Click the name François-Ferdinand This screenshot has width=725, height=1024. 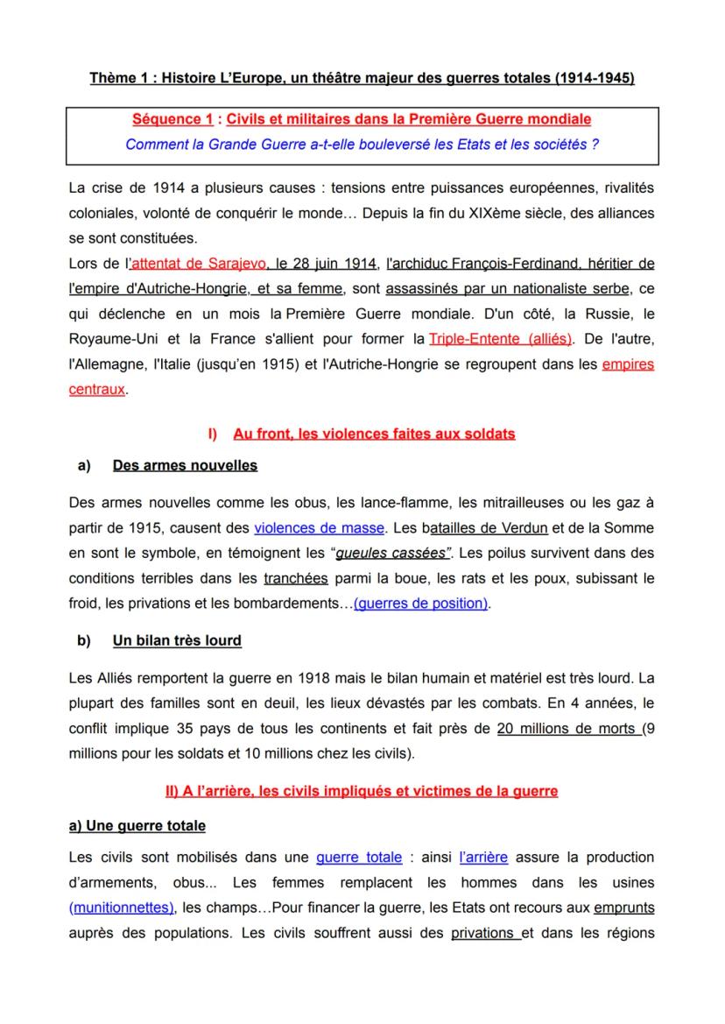503,263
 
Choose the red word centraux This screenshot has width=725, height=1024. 96,390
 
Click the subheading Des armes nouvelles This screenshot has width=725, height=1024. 185,465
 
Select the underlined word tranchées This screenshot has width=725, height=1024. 295,578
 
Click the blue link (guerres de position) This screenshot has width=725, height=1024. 420,604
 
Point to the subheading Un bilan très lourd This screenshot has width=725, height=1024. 177,641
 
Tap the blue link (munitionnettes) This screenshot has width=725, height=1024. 122,908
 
